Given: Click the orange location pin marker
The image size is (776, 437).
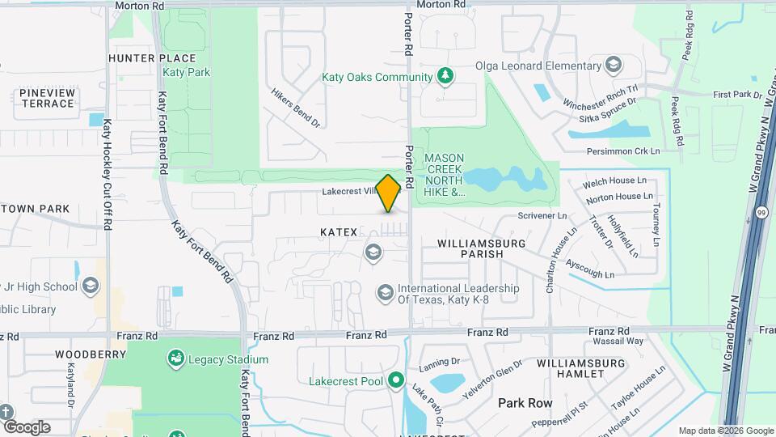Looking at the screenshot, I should point(389,193).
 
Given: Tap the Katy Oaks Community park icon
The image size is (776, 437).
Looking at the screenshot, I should point(444,76).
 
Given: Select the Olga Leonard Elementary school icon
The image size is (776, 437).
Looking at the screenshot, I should point(614,65).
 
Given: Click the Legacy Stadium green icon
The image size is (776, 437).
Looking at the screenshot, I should point(175,359).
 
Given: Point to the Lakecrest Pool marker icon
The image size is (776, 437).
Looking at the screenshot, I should point(395,380).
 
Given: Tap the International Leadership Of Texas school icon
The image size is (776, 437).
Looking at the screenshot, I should point(386,291).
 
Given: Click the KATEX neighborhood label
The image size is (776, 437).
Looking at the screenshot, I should point(339,232).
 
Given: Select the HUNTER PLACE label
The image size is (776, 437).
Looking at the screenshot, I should point(152,58).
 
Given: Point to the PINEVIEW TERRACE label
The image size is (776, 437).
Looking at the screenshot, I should point(48,98).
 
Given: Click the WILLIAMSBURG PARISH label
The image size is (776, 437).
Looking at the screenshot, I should point(482,248).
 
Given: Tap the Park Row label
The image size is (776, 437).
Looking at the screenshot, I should point(525,402).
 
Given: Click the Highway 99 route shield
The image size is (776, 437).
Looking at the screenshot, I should point(762,212).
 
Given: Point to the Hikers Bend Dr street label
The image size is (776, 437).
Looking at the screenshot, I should point(297,108).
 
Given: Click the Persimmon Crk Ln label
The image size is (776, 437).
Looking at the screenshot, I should point(624,151).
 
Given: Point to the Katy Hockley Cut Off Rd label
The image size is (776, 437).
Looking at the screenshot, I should point(107,175).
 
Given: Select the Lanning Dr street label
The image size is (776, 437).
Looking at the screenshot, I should point(440,362).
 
